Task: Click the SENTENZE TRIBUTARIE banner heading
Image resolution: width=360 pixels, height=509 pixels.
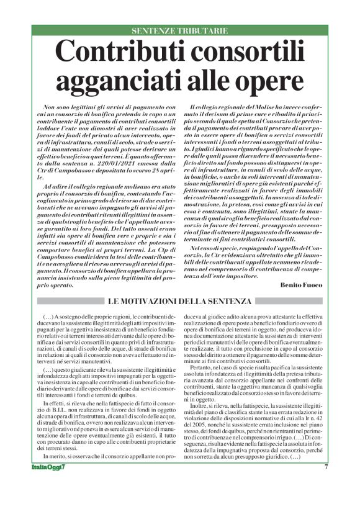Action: click(180, 30)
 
